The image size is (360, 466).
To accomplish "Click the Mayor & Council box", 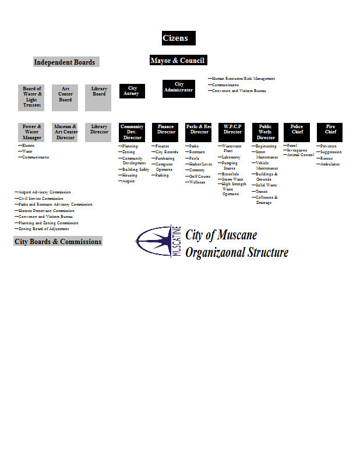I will pyautogui.click(x=178, y=61).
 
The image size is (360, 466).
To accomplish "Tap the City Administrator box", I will pyautogui.click(x=179, y=88).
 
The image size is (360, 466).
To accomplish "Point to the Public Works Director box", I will pyautogui.click(x=265, y=132).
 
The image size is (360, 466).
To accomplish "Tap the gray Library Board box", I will pyautogui.click(x=98, y=97).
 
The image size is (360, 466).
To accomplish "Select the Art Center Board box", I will pyautogui.click(x=65, y=97).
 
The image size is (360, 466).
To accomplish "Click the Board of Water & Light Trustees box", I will pyautogui.click(x=32, y=97).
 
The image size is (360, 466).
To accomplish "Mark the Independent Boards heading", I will pyautogui.click(x=65, y=62).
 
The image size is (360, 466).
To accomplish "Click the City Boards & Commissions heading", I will pyautogui.click(x=58, y=241).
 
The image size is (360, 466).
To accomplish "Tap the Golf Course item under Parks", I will pyautogui.click(x=200, y=176).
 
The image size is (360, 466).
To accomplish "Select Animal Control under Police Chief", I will pyautogui.click(x=301, y=155).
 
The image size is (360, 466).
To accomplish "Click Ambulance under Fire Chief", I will pyautogui.click(x=330, y=164).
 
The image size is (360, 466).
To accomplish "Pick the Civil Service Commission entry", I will pyautogui.click(x=41, y=199).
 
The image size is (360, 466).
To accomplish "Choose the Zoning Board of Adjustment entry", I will pyautogui.click(x=44, y=229).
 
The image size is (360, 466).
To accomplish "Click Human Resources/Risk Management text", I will pyautogui.click(x=243, y=79).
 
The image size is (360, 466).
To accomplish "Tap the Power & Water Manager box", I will pyautogui.click(x=32, y=132).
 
